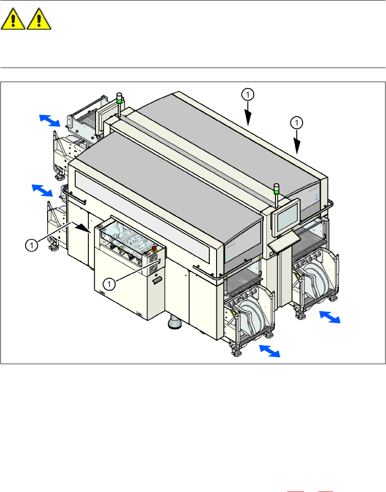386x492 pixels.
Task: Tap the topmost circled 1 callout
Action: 248,94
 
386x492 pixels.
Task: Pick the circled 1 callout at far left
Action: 31,246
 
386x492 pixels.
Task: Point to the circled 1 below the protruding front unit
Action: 109,284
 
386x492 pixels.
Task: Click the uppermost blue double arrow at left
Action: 49,121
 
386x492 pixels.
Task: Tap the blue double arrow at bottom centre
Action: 269,351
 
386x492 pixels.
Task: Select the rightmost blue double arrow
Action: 329,317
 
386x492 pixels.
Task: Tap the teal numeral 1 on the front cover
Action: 228,256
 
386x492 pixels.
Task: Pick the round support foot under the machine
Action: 174,322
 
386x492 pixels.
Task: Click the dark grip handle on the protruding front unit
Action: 157,282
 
